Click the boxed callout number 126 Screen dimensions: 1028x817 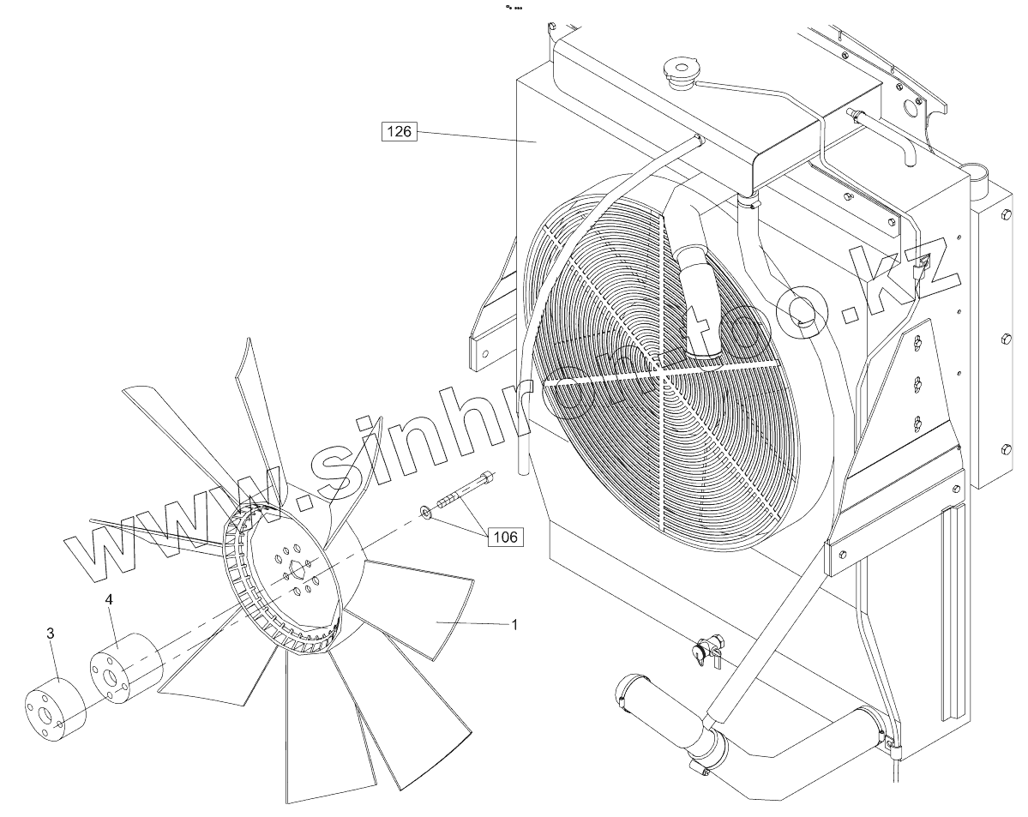coord(399,132)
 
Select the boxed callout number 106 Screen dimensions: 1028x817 coord(505,537)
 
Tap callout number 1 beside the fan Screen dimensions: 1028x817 coord(514,625)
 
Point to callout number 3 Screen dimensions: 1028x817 coord(51,633)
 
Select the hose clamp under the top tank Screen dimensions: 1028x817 coord(751,204)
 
